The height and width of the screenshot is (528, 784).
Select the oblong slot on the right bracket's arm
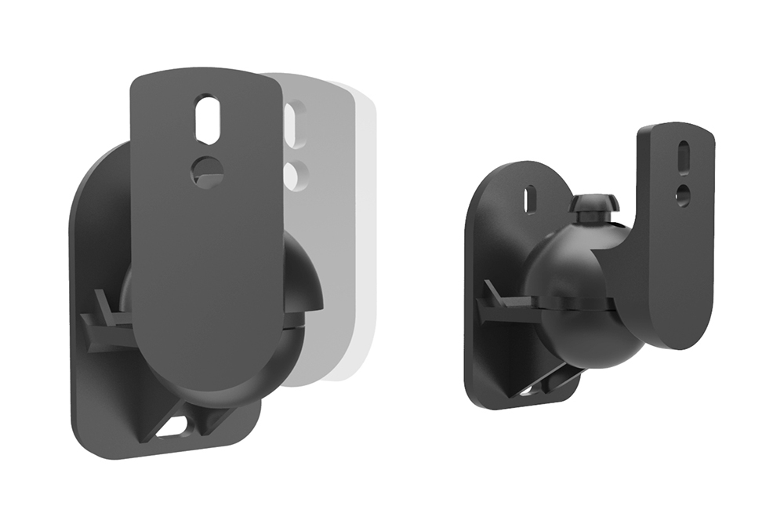684,155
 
